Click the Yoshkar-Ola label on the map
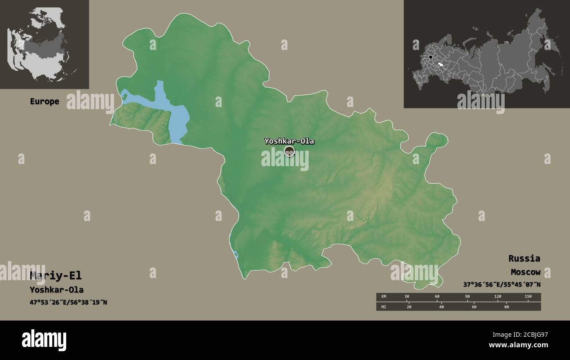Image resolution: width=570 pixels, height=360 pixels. pos(289,141)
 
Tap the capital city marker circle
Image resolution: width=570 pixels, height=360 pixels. pos(289,151)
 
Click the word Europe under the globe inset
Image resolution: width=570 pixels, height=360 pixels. pos(44,101)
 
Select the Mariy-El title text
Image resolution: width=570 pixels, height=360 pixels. pos(55,276)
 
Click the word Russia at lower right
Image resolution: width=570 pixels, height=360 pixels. pos(524,258)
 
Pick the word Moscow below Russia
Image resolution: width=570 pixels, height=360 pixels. pos(525,272)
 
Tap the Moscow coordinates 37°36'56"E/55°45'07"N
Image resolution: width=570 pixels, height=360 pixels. pos(502,285)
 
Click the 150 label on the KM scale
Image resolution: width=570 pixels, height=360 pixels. pos(528,297)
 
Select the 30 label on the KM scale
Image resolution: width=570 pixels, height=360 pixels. pos(406,297)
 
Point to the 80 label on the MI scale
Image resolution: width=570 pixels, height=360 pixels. pos(506,307)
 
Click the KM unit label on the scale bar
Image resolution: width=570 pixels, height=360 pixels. pos(384,297)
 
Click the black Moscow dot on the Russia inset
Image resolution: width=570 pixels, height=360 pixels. pos(431,57)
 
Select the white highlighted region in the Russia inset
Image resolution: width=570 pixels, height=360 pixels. pos(446,65)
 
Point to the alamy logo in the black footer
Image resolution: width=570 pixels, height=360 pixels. pos(44,340)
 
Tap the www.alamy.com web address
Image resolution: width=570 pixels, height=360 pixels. pos(518,346)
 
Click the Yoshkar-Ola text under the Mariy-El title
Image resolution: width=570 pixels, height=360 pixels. pos(57,290)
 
